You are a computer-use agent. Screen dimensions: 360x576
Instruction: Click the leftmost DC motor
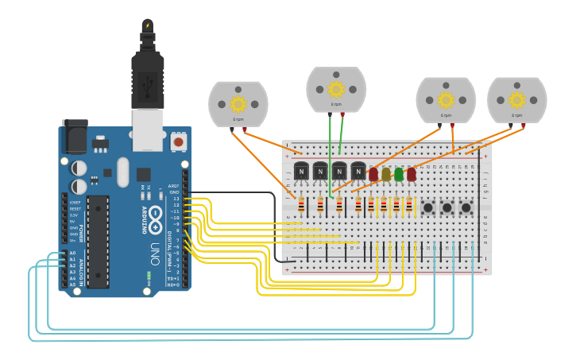click(x=238, y=104)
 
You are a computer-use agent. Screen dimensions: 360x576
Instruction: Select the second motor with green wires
click(x=336, y=90)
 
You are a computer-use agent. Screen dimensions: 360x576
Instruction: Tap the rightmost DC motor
click(x=517, y=100)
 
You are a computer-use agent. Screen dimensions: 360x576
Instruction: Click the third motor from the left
click(x=446, y=100)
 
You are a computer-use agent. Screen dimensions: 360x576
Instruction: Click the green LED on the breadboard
click(x=399, y=173)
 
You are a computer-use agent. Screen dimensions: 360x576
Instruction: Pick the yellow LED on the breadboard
click(x=386, y=173)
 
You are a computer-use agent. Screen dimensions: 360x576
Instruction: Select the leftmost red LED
click(x=373, y=173)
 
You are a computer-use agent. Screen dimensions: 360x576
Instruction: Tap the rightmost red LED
click(x=412, y=173)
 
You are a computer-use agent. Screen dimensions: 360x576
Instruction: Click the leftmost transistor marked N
click(x=301, y=171)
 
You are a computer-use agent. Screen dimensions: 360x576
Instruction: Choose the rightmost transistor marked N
click(x=358, y=171)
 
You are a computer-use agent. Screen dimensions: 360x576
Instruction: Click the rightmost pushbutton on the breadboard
click(x=466, y=208)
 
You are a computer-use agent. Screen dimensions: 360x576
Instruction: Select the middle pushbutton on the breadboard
click(x=447, y=208)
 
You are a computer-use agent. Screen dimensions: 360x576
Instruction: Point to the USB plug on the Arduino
click(x=148, y=79)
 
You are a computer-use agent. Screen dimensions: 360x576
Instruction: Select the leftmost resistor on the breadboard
click(x=301, y=206)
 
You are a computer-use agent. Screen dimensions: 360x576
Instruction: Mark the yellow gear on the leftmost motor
click(x=238, y=104)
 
